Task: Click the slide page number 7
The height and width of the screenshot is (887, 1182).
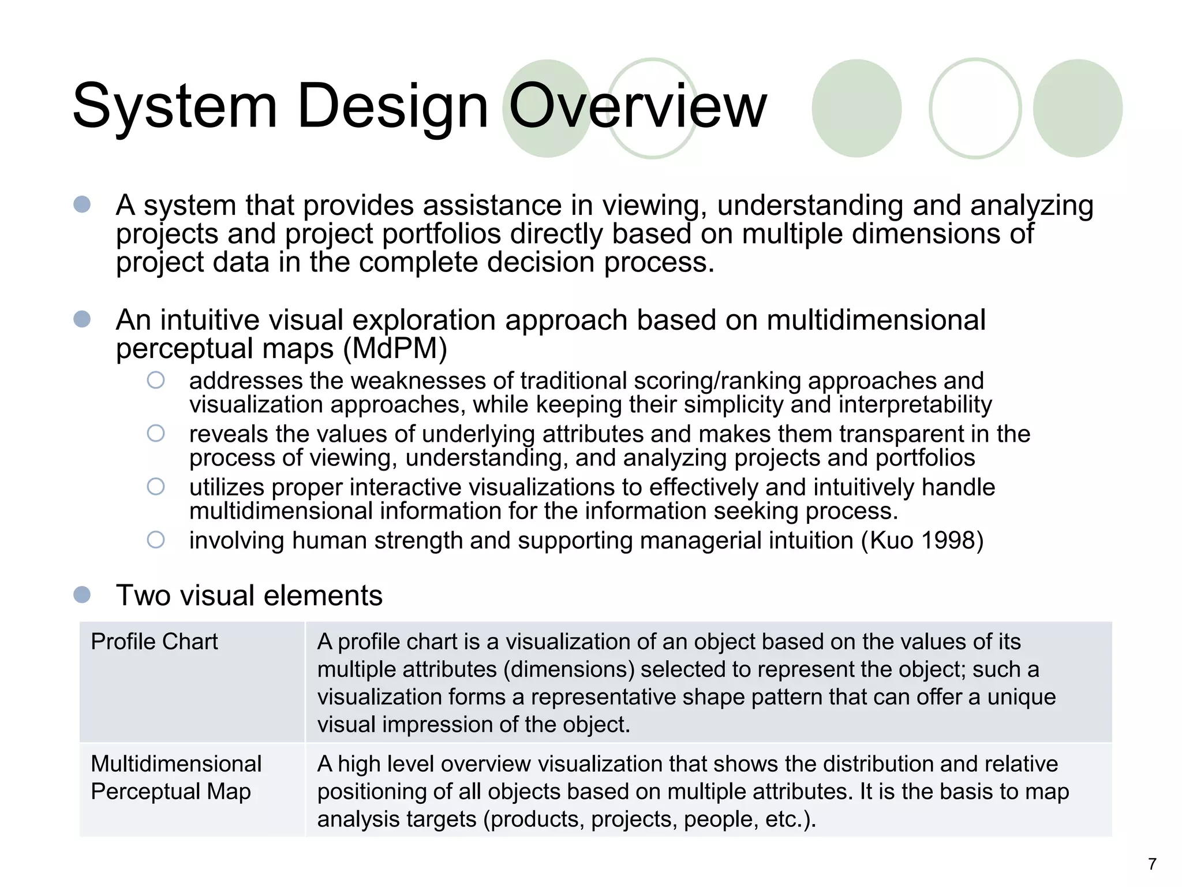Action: [1152, 864]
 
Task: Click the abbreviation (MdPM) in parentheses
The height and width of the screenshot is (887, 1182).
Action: [395, 348]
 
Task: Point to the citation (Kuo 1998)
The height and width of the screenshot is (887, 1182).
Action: [922, 541]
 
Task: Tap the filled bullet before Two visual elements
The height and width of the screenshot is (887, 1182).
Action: [82, 595]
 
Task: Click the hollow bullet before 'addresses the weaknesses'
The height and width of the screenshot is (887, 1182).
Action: [156, 380]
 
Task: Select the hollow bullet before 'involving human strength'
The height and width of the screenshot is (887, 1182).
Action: [156, 540]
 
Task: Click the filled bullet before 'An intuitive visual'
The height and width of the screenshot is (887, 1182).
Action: [82, 319]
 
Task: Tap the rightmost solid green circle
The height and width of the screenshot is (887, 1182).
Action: [1077, 109]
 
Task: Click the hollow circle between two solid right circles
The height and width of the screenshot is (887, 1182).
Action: [975, 109]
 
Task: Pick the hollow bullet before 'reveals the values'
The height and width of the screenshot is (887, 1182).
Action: [156, 433]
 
